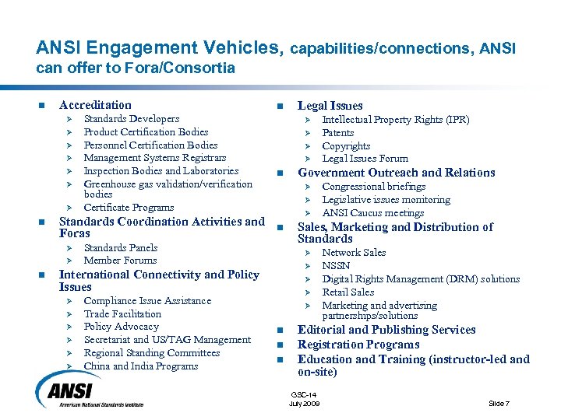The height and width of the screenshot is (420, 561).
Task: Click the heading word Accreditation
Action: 95,105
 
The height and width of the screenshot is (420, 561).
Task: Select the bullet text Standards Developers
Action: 131,119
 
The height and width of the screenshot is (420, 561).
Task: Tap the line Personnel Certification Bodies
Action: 150,145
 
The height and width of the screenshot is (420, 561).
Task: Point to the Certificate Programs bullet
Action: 129,208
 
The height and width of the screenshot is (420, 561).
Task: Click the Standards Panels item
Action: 120,248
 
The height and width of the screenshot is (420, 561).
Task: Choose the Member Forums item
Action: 120,261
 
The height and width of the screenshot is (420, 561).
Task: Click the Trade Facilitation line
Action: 122,314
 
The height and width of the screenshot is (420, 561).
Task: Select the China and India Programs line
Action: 140,366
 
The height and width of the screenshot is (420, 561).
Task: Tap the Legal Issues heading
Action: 330,106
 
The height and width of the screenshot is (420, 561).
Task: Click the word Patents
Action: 337,133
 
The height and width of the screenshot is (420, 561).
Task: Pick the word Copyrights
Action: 346,146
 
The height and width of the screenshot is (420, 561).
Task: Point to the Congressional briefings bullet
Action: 373,187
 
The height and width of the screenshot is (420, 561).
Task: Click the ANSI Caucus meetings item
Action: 372,213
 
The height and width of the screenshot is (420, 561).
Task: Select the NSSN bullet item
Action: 336,266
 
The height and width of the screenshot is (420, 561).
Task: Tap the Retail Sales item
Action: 348,292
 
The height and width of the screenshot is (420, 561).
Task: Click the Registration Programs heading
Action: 358,345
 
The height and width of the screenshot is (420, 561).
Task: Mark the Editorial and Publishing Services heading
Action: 386,330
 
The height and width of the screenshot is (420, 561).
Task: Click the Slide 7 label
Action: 499,403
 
